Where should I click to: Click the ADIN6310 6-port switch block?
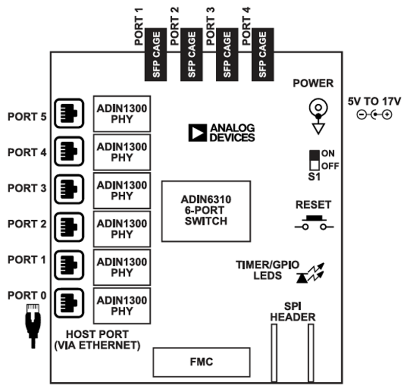pyautogui.click(x=206, y=211)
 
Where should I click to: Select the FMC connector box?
pyautogui.click(x=202, y=362)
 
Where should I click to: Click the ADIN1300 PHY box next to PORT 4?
pyautogui.click(x=122, y=152)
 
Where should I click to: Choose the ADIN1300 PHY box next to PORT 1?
pyautogui.click(x=122, y=267)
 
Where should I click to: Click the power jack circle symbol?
pyautogui.click(x=317, y=107)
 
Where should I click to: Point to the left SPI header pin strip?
pyautogui.click(x=274, y=353)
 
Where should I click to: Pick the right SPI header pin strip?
pyautogui.click(x=310, y=353)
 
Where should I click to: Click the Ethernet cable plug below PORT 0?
pyautogui.click(x=33, y=325)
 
